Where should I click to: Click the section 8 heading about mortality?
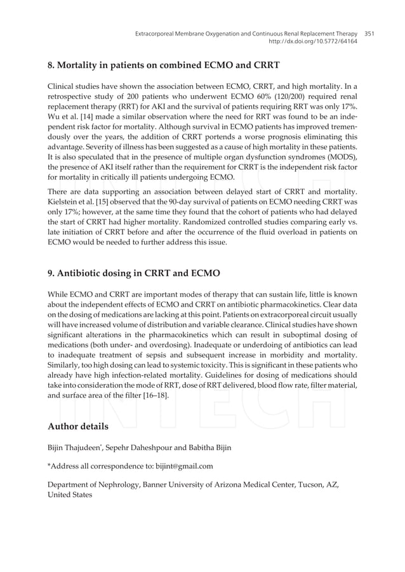(x=164, y=65)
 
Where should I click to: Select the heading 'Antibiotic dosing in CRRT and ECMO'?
(x=134, y=274)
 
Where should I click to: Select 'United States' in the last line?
(x=70, y=495)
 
